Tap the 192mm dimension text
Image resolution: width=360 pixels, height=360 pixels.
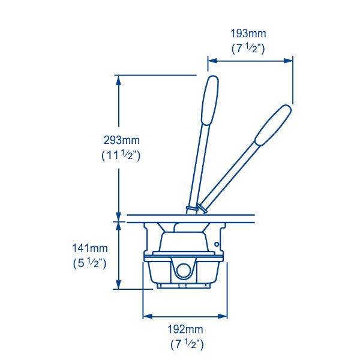[x=186, y=329]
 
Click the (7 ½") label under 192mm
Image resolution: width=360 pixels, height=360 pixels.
[x=186, y=344]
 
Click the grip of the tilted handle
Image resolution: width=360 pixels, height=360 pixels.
[x=274, y=125]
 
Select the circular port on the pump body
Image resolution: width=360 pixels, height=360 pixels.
[x=183, y=270]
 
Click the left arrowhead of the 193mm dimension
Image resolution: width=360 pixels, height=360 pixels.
[x=211, y=60]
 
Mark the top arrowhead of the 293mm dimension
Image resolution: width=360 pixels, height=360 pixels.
[x=119, y=79]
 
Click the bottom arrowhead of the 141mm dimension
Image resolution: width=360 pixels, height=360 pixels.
[x=119, y=286]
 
